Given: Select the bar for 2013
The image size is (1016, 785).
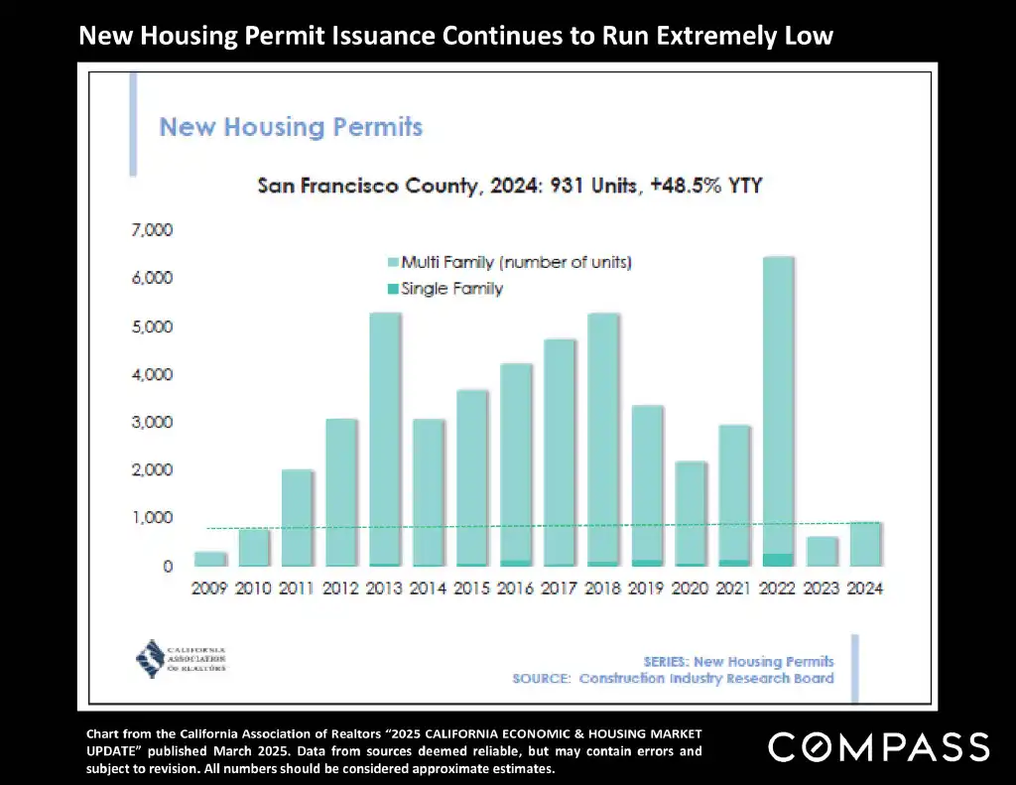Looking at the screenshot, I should (x=385, y=437).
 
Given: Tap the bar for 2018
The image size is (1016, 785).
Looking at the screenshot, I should (x=603, y=437).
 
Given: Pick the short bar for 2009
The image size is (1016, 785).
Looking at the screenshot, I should (x=209, y=559).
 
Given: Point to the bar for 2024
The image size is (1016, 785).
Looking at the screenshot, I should (x=865, y=544).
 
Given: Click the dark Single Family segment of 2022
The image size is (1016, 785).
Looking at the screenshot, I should (x=778, y=560).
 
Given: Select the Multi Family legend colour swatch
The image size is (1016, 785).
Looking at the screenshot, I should (x=393, y=263).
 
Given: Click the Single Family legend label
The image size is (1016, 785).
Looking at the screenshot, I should (x=451, y=289).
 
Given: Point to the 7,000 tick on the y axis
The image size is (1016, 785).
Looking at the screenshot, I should (x=153, y=230).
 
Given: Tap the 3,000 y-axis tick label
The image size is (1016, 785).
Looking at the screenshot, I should (x=153, y=423).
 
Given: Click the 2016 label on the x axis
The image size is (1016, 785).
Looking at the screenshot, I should (x=516, y=588).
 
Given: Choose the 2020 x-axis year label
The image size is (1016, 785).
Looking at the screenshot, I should (x=691, y=588).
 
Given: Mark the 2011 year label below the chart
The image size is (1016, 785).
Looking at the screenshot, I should (x=297, y=588).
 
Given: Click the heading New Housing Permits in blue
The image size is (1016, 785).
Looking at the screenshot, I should (x=291, y=127).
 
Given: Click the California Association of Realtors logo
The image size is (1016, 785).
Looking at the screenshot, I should (x=181, y=656).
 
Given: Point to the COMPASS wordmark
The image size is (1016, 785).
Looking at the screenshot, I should (x=879, y=746).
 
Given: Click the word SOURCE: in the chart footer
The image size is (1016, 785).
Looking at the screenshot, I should (x=542, y=679).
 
